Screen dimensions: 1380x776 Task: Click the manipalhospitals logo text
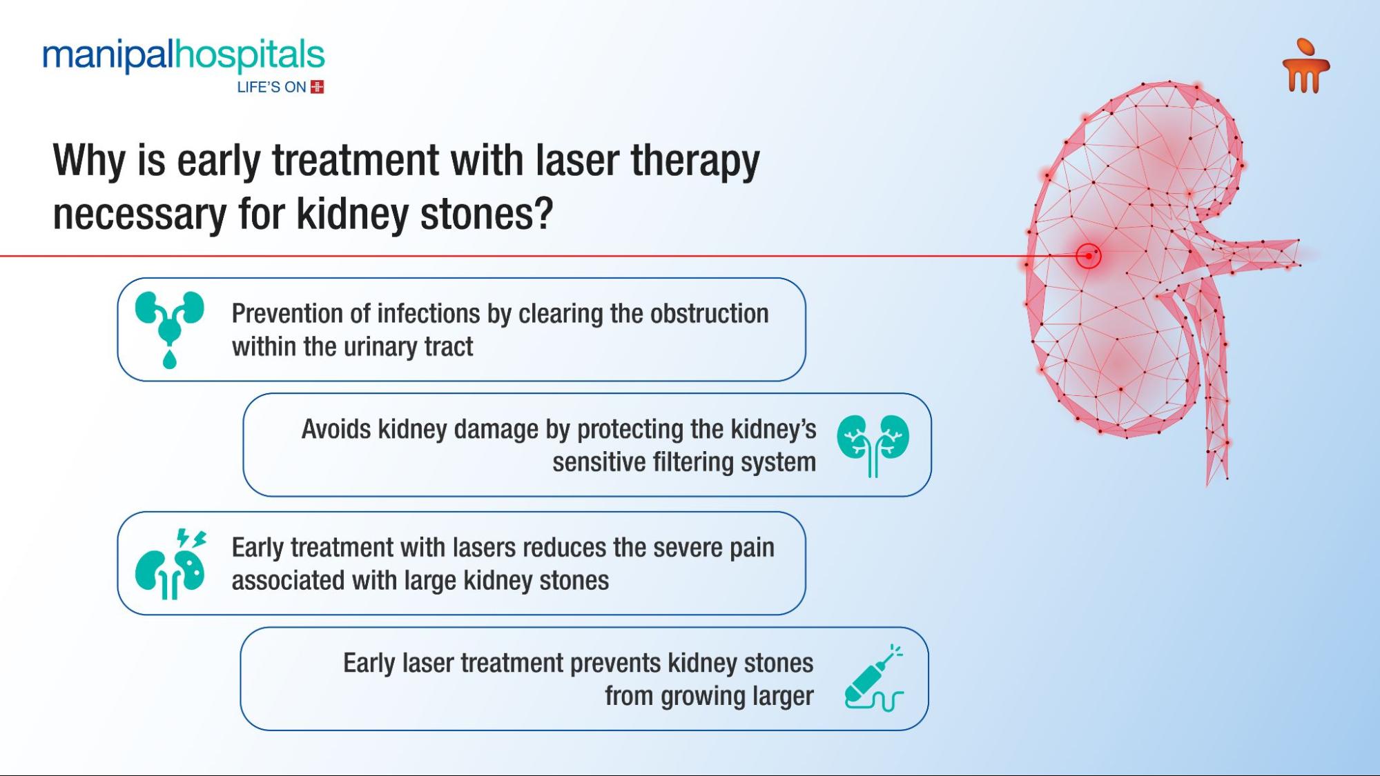click(183, 56)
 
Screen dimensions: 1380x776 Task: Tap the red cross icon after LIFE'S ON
click(318, 87)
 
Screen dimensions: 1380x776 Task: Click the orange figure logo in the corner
click(1305, 66)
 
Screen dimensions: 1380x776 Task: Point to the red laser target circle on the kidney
click(1089, 256)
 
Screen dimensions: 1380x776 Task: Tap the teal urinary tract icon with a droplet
click(170, 330)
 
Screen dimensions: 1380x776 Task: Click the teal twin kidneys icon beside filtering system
click(873, 445)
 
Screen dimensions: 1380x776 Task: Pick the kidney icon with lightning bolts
click(171, 564)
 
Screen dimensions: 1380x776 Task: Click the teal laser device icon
click(874, 677)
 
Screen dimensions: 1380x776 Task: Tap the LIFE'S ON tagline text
click(271, 87)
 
